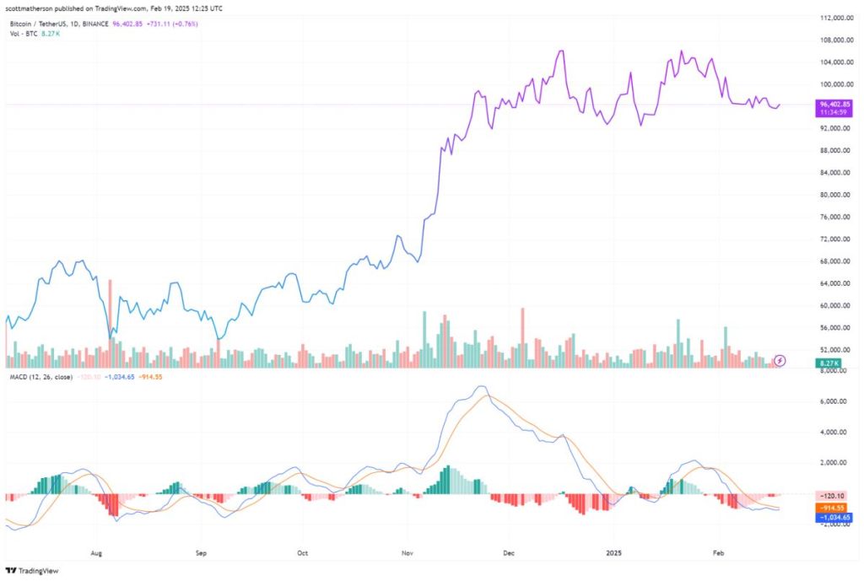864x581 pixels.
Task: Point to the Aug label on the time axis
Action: click(x=96, y=553)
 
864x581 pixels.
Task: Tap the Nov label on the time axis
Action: click(x=407, y=553)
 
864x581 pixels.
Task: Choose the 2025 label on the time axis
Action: click(x=613, y=553)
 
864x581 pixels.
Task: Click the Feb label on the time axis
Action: click(x=717, y=553)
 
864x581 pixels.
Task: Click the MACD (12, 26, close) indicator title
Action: click(x=39, y=376)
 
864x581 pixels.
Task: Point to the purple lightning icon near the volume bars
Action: click(x=780, y=360)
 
